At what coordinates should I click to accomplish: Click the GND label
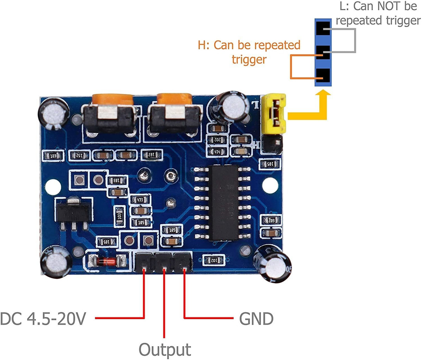(x=256, y=319)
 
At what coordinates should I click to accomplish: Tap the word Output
(x=165, y=350)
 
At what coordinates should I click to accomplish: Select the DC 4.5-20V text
(x=43, y=319)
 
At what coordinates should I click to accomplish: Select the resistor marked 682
(x=271, y=221)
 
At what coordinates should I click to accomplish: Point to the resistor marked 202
(x=217, y=140)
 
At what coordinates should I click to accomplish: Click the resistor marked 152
(x=79, y=155)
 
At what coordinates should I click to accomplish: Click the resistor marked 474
(x=217, y=152)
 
